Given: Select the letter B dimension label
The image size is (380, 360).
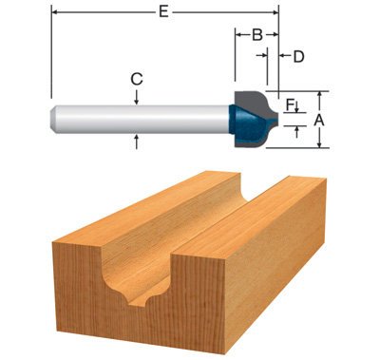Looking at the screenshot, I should pyautogui.click(x=256, y=35).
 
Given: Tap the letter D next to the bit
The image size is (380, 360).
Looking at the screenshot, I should pyautogui.click(x=298, y=56).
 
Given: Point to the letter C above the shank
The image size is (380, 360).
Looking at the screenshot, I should pyautogui.click(x=138, y=77).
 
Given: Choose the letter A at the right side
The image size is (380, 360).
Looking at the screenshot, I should pyautogui.click(x=321, y=120).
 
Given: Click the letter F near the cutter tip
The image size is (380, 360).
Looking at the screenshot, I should pyautogui.click(x=290, y=104).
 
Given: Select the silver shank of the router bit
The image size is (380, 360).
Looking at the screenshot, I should pyautogui.click(x=142, y=117).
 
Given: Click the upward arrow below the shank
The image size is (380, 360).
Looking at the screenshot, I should pyautogui.click(x=138, y=138).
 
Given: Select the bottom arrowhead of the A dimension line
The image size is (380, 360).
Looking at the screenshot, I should pyautogui.click(x=321, y=145).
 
